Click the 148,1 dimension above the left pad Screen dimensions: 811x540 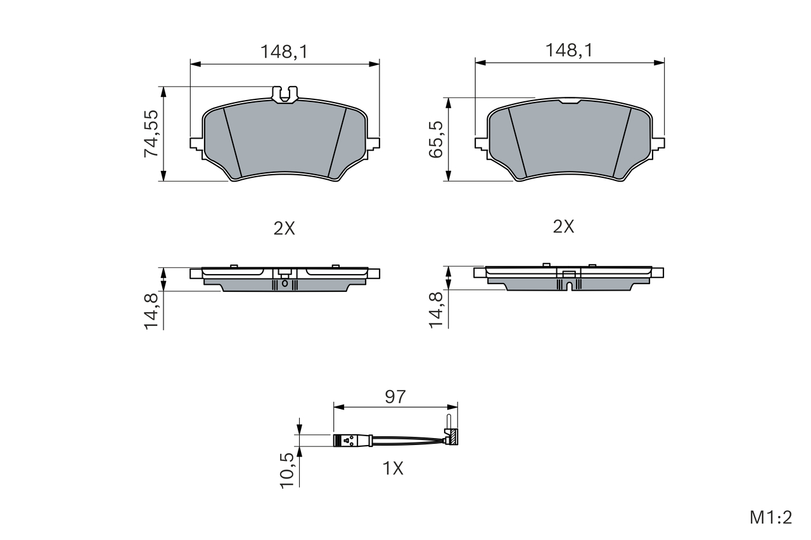click(x=284, y=52)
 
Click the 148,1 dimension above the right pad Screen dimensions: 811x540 click(x=569, y=50)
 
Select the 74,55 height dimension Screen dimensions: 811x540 click(x=151, y=134)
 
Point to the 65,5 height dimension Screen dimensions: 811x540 click(x=436, y=140)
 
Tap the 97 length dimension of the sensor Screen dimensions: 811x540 click(x=395, y=397)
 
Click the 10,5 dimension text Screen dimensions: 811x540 click(x=288, y=470)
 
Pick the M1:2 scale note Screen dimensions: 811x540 click(x=771, y=518)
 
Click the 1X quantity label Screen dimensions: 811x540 click(x=393, y=468)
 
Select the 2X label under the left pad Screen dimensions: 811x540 click(x=284, y=229)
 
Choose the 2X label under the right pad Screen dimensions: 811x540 click(x=563, y=227)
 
